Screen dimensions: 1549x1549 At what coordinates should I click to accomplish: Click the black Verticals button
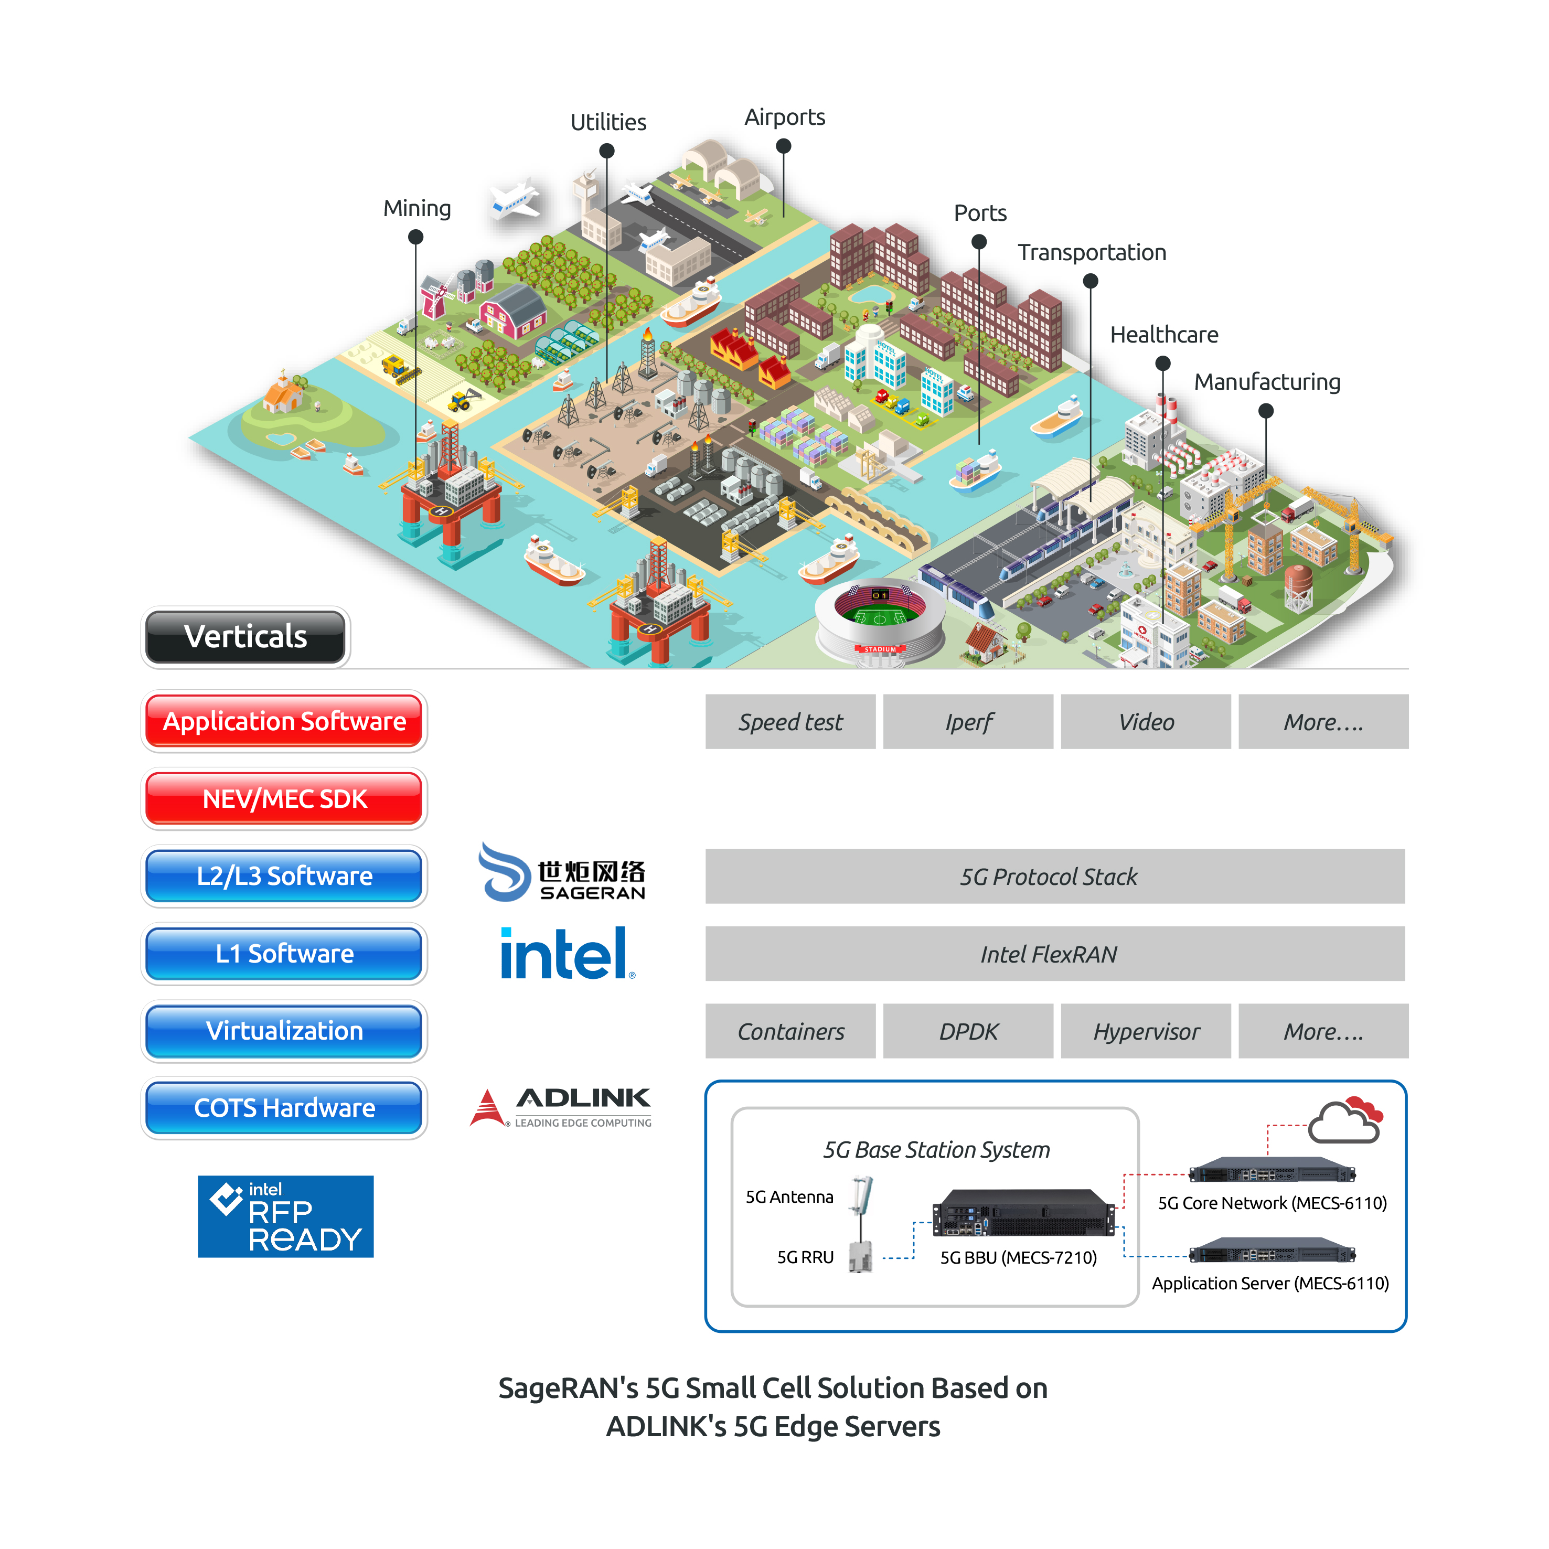[245, 637]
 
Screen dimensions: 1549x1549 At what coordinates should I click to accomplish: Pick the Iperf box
[968, 722]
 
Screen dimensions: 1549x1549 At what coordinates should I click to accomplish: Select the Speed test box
[790, 722]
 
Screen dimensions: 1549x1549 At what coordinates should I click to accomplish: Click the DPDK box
[968, 1032]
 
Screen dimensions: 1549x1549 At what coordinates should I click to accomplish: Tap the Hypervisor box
[1146, 1032]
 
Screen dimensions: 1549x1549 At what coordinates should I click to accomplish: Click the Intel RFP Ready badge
[285, 1216]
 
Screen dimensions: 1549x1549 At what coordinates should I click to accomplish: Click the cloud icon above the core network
[1345, 1121]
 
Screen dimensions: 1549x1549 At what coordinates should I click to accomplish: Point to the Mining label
[417, 208]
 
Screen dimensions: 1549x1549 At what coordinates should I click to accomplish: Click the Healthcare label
[1163, 335]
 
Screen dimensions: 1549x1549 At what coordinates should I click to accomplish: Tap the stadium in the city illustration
[880, 622]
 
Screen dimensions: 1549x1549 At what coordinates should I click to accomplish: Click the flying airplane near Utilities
[516, 198]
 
